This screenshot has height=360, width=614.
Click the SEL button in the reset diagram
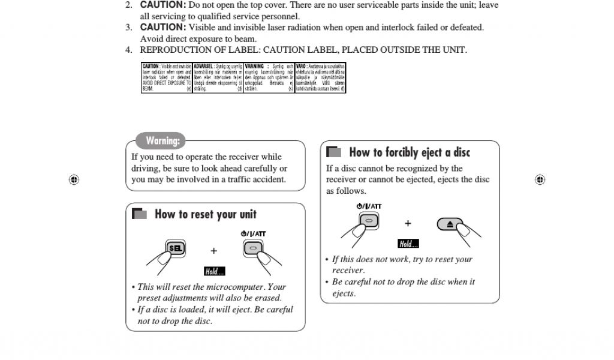tap(175, 248)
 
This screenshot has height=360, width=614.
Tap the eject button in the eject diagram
tap(452, 224)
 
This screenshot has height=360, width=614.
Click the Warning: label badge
tap(162, 141)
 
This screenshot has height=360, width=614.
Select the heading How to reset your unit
tap(205, 214)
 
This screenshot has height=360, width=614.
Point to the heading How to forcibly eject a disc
tap(410, 152)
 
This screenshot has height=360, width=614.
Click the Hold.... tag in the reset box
tap(214, 272)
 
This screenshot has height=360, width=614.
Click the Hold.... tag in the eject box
tap(408, 244)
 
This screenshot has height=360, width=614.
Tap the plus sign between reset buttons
tap(213, 251)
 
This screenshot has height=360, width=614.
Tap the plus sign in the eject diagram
tap(408, 224)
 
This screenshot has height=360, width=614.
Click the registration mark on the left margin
tap(74, 179)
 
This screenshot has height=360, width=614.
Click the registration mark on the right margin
tap(540, 179)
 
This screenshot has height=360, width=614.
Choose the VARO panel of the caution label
tap(320, 78)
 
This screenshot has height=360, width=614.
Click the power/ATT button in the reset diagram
tap(253, 248)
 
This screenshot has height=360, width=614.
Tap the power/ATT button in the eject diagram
tap(369, 221)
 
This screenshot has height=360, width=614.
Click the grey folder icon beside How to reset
tap(139, 214)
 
